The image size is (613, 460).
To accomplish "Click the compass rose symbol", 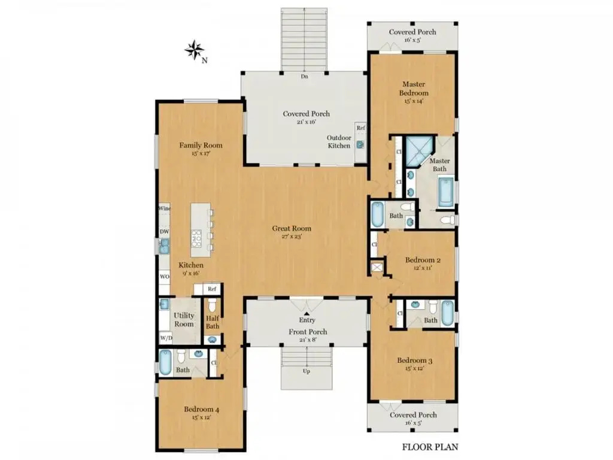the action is pos(195,50).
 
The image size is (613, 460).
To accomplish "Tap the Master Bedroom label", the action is pos(414,89).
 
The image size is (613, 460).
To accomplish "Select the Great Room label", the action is pos(292,228).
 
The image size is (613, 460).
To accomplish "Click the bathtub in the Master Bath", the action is pos(445,192).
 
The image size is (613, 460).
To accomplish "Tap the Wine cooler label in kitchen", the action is pos(164,208).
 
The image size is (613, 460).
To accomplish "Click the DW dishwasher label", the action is pos(164,232).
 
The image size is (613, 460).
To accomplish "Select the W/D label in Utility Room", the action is pos(166,338).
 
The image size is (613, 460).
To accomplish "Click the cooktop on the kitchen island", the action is pos(196,238).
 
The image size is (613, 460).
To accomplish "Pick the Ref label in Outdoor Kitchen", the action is pos(361,128).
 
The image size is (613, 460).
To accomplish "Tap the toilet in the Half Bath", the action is pos(212,305).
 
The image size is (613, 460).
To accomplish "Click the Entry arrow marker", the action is pos(307,313).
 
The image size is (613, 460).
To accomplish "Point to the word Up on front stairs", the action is pos(306,371).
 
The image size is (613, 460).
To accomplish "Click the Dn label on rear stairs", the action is pos(305,77).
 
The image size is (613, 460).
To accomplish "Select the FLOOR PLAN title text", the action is pos(430,447).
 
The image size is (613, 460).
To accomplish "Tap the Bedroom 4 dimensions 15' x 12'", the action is pos(201,417).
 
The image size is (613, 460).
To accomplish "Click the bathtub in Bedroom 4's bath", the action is pos(165,362).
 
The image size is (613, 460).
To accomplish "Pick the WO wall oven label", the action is pos(165,277).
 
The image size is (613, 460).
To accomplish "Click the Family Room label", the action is pos(201,146).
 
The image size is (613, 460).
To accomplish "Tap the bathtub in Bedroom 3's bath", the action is pos(447,313).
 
